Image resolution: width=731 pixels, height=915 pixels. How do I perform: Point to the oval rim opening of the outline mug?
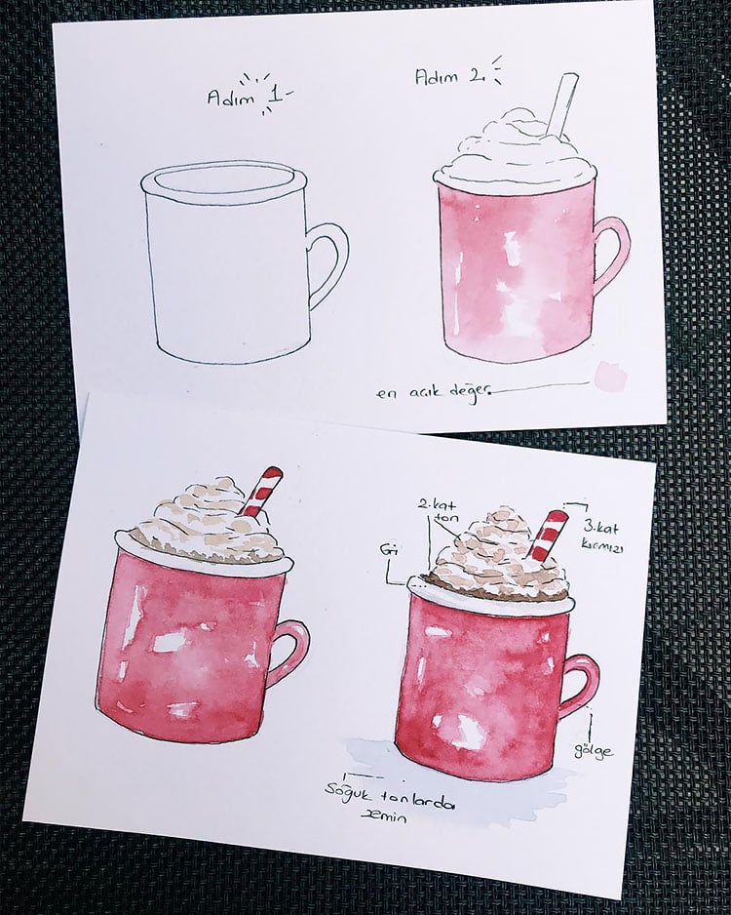pos(224,181)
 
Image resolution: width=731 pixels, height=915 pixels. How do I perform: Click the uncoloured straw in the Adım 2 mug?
pos(562,103)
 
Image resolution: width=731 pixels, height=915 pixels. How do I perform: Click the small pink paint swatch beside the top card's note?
pos(612,376)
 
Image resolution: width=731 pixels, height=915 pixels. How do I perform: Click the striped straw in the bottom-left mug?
pos(261,491)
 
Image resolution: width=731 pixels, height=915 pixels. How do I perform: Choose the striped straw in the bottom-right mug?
pos(548,535)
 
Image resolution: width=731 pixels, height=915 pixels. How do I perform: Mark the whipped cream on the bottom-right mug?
pos(492,562)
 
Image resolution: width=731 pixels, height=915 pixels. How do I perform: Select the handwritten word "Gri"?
pos(385,551)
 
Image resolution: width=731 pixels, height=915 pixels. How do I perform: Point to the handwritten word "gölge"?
pos(595,750)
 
